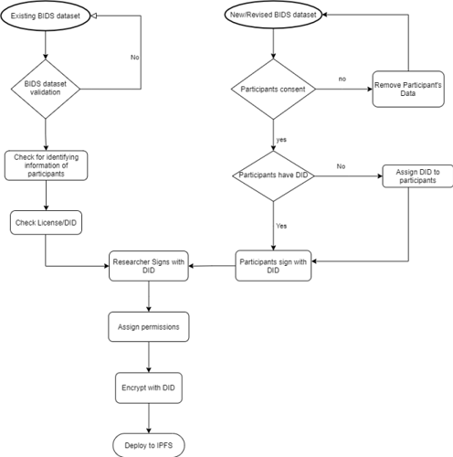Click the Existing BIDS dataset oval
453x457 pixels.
46,16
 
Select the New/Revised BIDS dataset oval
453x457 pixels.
273,15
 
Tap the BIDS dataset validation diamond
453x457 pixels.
46,89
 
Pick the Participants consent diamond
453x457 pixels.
273,89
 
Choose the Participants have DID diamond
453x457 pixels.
273,175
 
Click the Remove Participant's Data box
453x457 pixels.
408,89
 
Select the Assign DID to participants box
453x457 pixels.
417,176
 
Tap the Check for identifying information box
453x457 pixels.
46,165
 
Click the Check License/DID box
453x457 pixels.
46,223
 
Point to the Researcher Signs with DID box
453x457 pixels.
149,266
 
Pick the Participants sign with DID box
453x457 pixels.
273,266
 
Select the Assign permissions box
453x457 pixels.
149,326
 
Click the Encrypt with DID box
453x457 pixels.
149,388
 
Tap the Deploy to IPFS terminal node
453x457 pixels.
149,445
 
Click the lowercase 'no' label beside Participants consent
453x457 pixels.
342,79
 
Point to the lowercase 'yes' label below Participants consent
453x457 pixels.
281,140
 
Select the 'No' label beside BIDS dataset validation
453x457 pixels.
134,58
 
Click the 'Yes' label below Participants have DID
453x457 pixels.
281,226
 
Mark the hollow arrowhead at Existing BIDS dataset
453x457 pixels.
94,16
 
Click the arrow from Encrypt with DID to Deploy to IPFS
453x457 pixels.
149,419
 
